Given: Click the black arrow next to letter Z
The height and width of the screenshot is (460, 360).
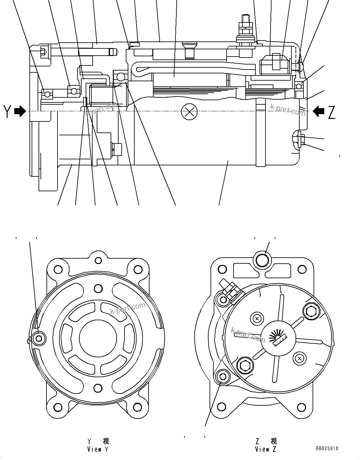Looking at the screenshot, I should pos(318,111).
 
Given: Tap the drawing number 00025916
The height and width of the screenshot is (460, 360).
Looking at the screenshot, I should pos(326,448).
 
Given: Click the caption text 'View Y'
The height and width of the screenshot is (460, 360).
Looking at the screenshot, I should pos(98,449).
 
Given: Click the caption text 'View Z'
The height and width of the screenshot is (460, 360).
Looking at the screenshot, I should pos(265,449).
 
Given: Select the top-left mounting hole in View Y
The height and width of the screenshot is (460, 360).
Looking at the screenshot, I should pos(58,270).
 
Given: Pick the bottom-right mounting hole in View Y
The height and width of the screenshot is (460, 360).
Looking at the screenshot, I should pos(137,406).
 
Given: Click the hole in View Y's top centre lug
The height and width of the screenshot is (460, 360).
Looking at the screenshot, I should pos(98,260).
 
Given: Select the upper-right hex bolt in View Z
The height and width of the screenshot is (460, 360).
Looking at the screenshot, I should pos(310,311).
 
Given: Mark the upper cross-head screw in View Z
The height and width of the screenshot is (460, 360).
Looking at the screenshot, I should pos(257,318).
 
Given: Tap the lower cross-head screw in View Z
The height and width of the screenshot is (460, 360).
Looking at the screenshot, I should pos(299,358).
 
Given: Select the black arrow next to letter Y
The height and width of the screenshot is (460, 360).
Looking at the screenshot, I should pos(20,111).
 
